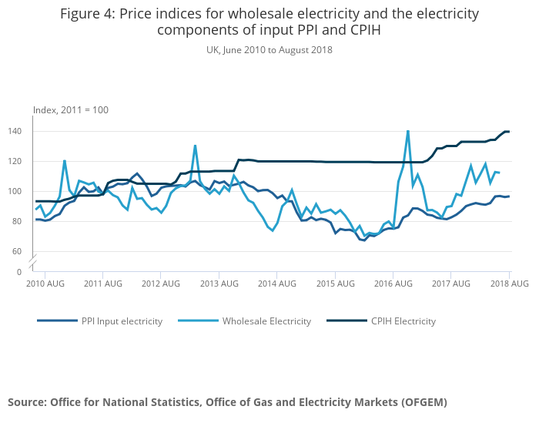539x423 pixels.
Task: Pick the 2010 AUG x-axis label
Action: [45, 284]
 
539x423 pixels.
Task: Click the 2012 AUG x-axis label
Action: [161, 284]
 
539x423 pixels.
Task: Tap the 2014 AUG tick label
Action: [277, 284]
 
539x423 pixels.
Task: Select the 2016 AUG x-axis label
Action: [393, 284]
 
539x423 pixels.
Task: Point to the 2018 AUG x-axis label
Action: [510, 284]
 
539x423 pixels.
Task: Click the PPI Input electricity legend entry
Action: [122, 321]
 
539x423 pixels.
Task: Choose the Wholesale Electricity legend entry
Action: [266, 321]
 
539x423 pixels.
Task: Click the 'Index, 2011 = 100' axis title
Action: [70, 110]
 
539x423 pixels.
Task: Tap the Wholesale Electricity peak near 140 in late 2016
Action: [407, 131]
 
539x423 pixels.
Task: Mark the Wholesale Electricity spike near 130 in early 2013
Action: [195, 146]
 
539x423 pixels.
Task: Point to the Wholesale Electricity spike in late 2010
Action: [65, 160]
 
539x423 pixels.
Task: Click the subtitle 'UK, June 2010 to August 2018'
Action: [269, 49]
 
